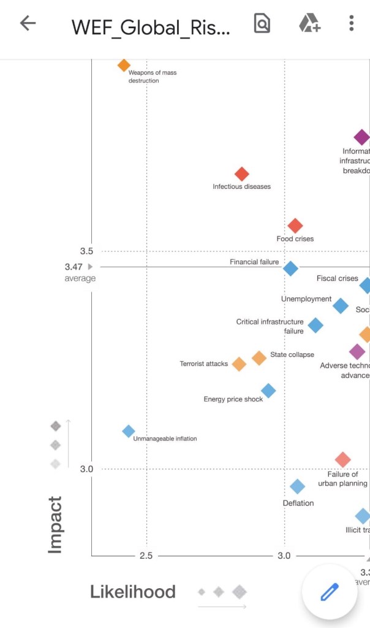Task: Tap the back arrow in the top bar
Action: pos(28,24)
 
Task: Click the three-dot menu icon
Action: pos(351,24)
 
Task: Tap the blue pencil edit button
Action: pos(329,592)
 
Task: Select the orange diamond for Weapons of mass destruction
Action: pos(124,65)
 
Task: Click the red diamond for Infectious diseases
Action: pos(242,174)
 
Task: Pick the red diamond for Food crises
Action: pos(295,226)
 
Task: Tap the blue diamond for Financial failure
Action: pos(290,268)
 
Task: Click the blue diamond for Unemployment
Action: pos(341,305)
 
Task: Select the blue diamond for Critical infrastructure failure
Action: pos(315,325)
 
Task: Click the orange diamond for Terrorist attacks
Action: pos(239,364)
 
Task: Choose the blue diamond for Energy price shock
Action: pos(268,390)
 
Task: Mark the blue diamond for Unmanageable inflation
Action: pos(129,431)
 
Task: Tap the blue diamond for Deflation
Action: pos(297,486)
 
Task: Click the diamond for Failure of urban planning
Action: pos(343,459)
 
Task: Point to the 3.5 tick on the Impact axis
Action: pos(86,251)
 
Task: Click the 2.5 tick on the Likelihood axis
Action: pos(146,556)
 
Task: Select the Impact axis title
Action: pos(55,525)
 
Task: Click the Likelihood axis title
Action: pos(133,592)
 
